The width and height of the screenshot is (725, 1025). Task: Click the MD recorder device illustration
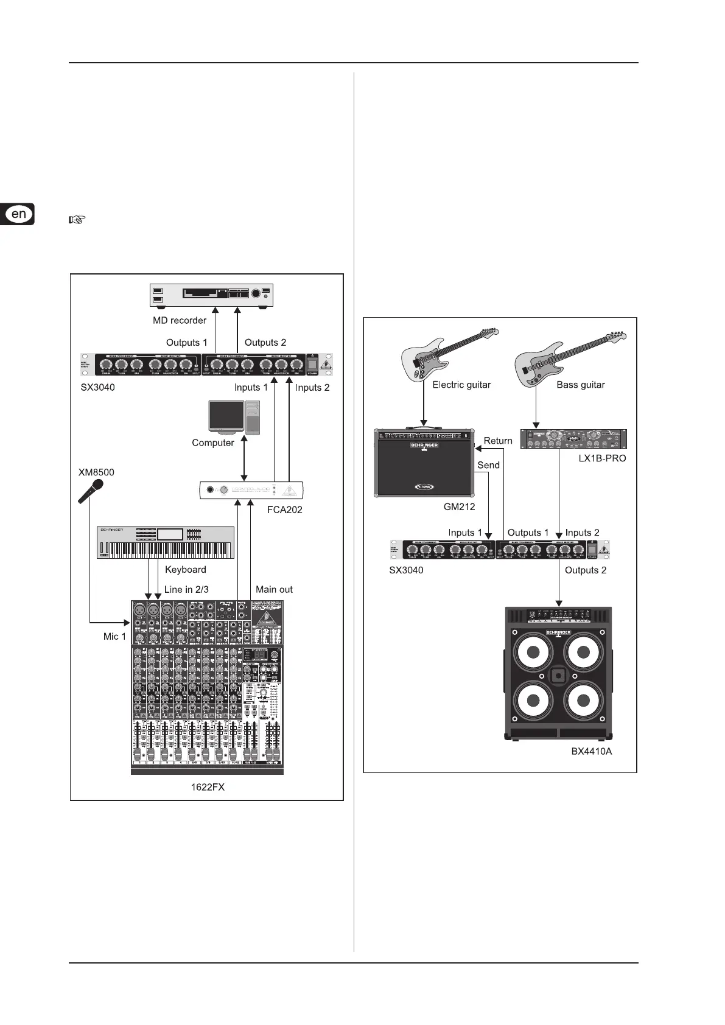pyautogui.click(x=212, y=296)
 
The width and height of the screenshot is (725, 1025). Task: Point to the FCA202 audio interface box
pyautogui.click(x=251, y=491)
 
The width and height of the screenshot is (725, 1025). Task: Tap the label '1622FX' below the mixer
pyautogui.click(x=208, y=787)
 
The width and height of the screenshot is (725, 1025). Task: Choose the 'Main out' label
pyautogui.click(x=274, y=589)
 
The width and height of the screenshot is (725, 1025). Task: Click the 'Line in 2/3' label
pyautogui.click(x=186, y=589)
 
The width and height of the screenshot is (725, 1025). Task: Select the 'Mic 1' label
pyautogui.click(x=114, y=637)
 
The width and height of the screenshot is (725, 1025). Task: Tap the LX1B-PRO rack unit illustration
pyautogui.click(x=573, y=439)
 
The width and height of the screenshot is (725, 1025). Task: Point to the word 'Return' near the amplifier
pyautogui.click(x=498, y=441)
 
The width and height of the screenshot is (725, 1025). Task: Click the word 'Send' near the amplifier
pyautogui.click(x=488, y=465)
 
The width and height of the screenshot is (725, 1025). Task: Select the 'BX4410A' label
pyautogui.click(x=591, y=751)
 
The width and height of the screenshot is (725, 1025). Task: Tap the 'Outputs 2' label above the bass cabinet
pyautogui.click(x=586, y=570)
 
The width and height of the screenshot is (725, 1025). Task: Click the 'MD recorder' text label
pyautogui.click(x=180, y=320)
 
